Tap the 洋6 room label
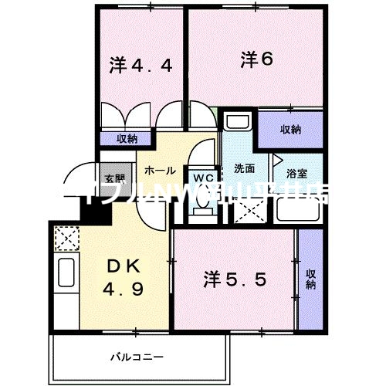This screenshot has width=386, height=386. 256,58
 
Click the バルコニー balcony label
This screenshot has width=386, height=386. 136,356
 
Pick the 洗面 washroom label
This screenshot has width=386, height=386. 235,168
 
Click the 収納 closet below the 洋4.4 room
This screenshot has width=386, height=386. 127,139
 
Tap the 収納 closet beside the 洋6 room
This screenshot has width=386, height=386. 290,130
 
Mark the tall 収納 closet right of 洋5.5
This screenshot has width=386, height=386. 310,278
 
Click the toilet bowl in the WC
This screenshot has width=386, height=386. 202,200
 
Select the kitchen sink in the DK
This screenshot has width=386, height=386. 66,275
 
